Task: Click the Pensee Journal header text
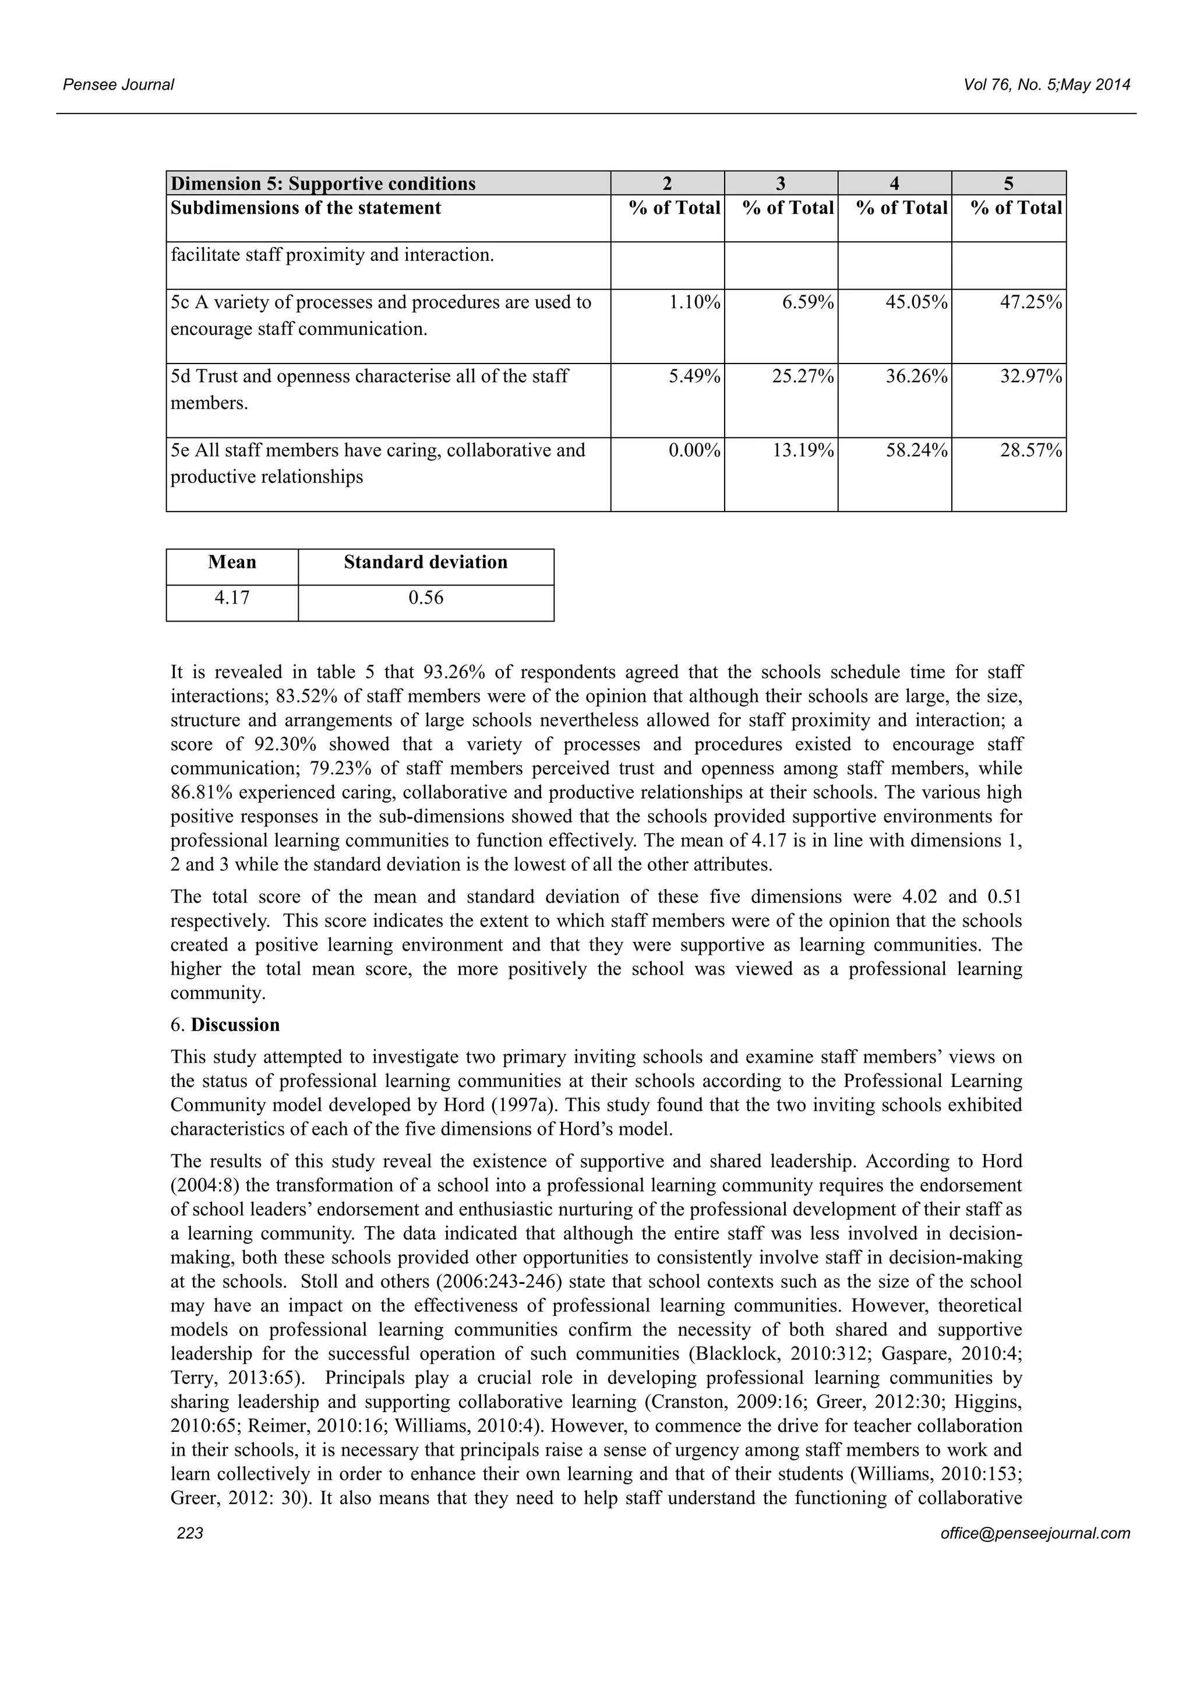(118, 84)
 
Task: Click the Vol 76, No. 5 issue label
(1046, 84)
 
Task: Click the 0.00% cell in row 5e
(694, 450)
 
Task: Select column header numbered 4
(894, 183)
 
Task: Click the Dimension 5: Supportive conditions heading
(323, 183)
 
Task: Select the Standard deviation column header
(425, 562)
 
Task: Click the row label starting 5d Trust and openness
(369, 377)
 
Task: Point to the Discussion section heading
(235, 1025)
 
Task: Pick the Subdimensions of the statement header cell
(306, 208)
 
